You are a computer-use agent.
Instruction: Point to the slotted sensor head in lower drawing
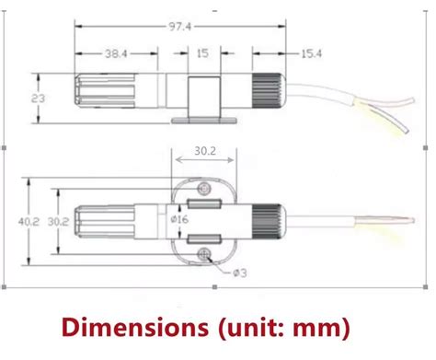100,222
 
